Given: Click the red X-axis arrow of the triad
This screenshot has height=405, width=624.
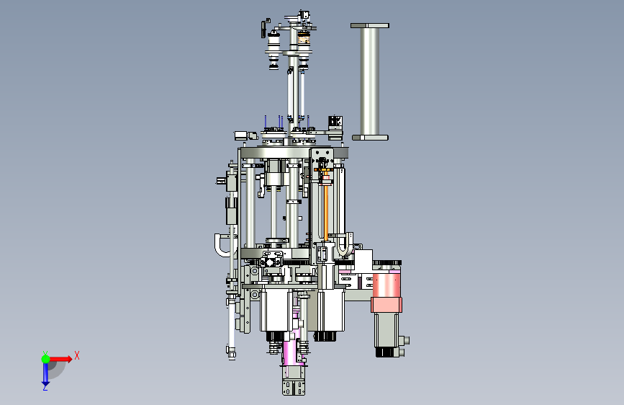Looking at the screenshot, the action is tap(60, 359).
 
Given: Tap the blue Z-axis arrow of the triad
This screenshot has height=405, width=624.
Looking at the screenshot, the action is tap(45, 373).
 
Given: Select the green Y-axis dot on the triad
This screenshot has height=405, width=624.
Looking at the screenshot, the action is tap(45, 359).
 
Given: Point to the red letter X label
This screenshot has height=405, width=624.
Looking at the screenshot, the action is tap(77, 355).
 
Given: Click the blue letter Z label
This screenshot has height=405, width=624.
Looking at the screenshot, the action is tap(45, 388).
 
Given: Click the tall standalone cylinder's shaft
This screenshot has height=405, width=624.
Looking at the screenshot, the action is tap(370, 81).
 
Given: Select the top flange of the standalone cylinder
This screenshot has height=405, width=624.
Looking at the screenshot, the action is tap(370, 25).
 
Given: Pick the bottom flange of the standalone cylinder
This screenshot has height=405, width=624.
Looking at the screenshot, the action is tap(370, 138).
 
